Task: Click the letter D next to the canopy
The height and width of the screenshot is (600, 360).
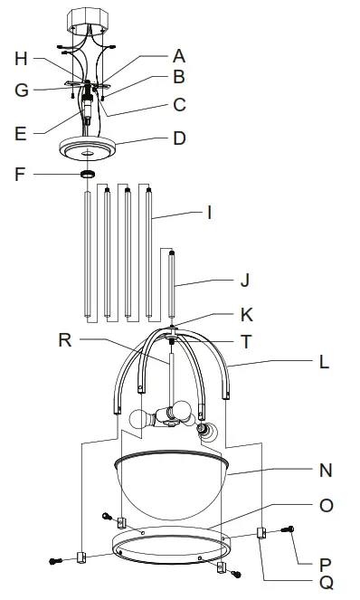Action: coord(179,138)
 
